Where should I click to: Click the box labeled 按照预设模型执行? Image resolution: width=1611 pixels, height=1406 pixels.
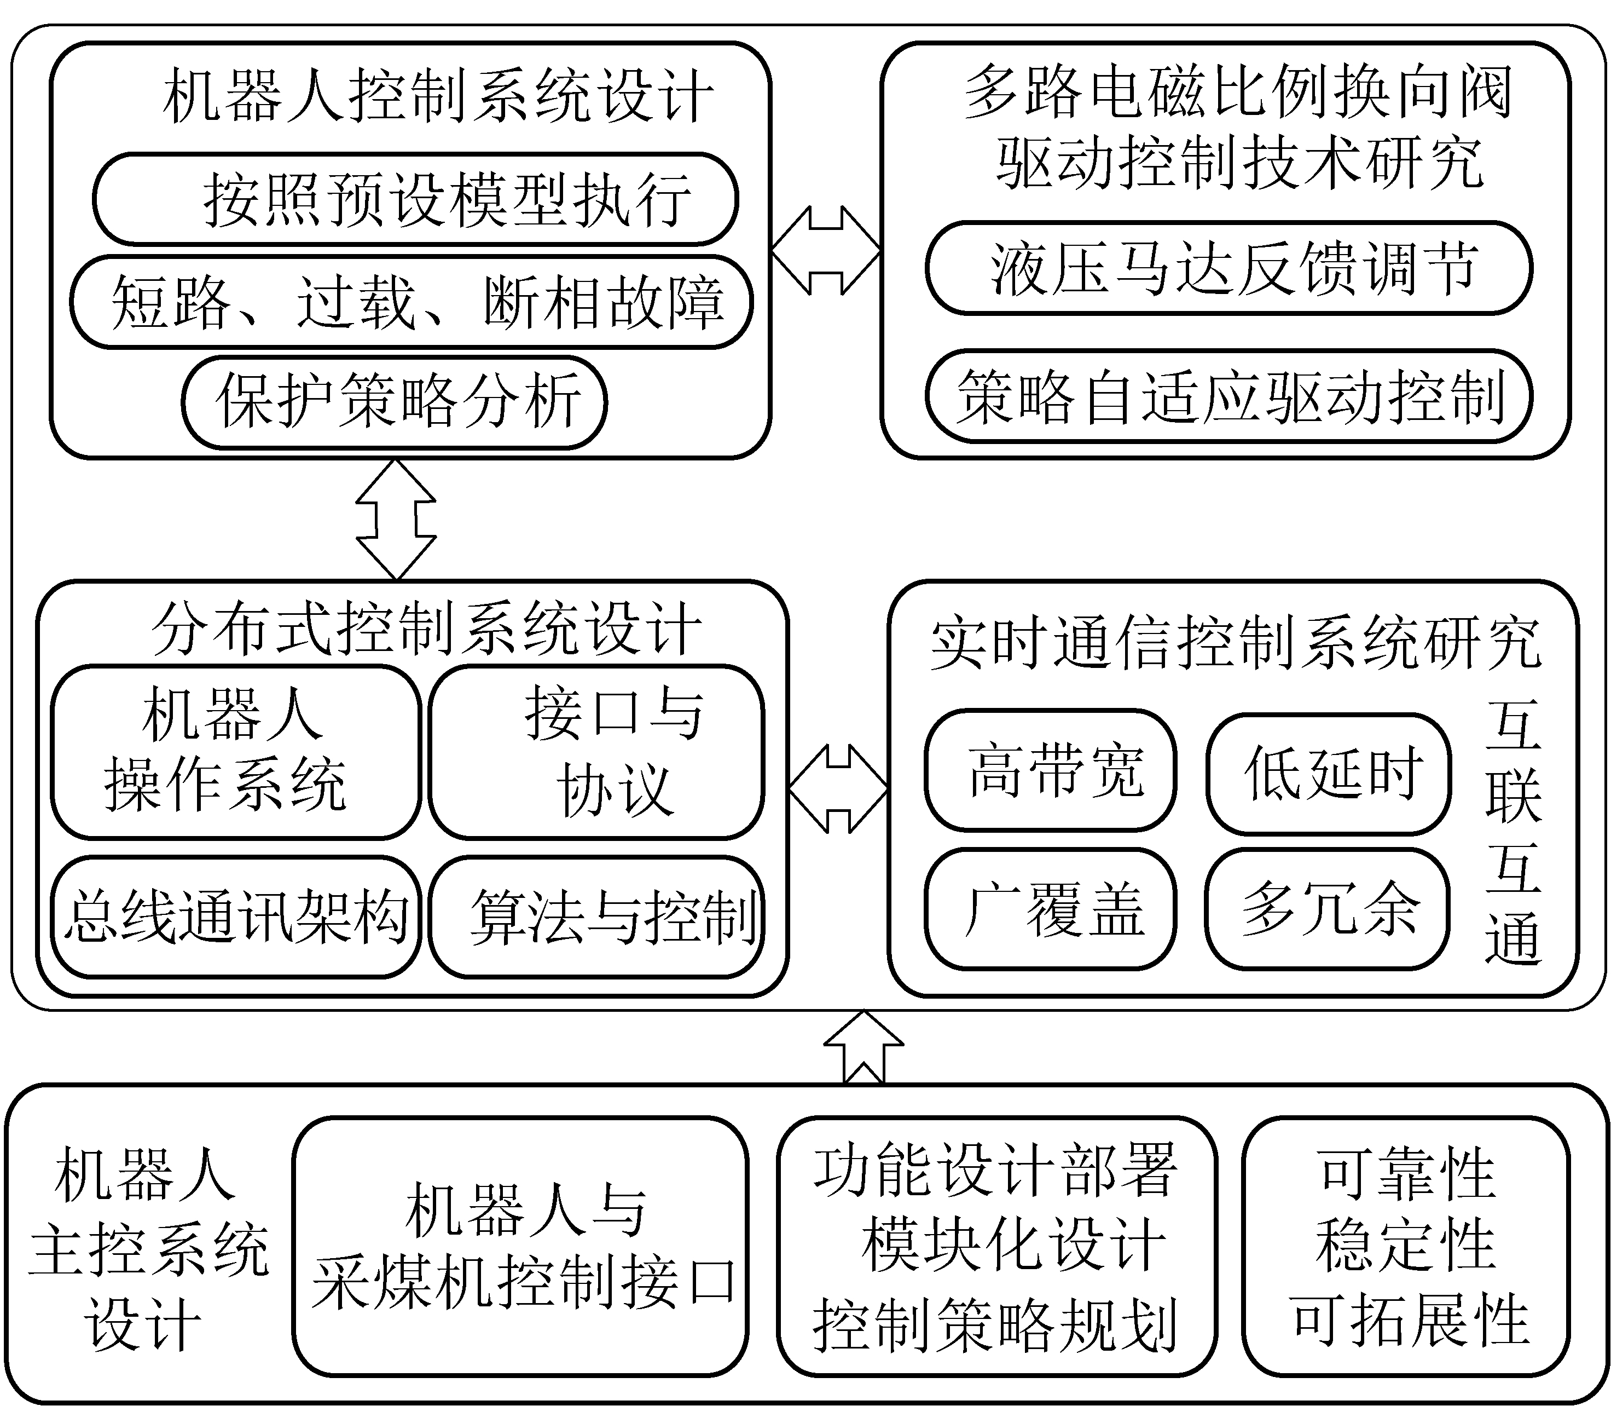(x=416, y=199)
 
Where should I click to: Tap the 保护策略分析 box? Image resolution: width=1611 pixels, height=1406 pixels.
(x=395, y=402)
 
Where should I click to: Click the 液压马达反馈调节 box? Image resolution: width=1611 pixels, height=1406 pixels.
(x=1229, y=268)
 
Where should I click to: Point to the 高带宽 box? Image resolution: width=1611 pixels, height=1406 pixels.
(x=1050, y=770)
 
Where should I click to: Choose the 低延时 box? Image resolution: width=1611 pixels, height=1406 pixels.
(x=1328, y=774)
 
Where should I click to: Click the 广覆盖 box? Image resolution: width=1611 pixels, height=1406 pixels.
(x=1050, y=908)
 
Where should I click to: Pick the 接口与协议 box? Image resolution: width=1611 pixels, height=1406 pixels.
(x=596, y=752)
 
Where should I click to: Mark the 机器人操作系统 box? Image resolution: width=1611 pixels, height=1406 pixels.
(x=236, y=752)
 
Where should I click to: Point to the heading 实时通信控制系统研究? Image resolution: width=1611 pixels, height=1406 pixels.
(x=1235, y=644)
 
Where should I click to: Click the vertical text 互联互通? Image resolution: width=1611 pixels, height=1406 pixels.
(x=1513, y=832)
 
